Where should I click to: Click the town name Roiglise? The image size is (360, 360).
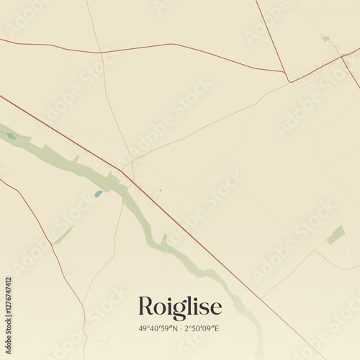tap(179, 307)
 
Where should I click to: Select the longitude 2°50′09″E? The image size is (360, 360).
tap(203, 328)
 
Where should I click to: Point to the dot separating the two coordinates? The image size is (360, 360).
tap(181, 328)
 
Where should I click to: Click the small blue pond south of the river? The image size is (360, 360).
tap(98, 193)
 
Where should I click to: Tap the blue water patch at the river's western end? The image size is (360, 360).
tap(11, 135)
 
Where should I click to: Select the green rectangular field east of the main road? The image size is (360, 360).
tap(336, 234)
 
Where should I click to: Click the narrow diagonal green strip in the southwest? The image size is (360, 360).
tap(63, 235)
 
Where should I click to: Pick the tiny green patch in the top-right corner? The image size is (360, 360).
tap(325, 38)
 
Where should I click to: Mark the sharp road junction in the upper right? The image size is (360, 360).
tap(289, 81)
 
